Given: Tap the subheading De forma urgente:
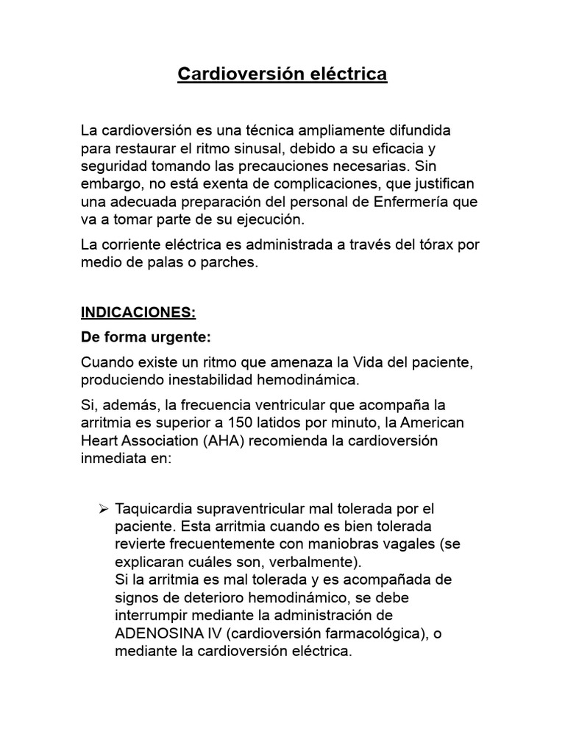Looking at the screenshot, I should (x=145, y=337).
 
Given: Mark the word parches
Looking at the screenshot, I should (x=227, y=261).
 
